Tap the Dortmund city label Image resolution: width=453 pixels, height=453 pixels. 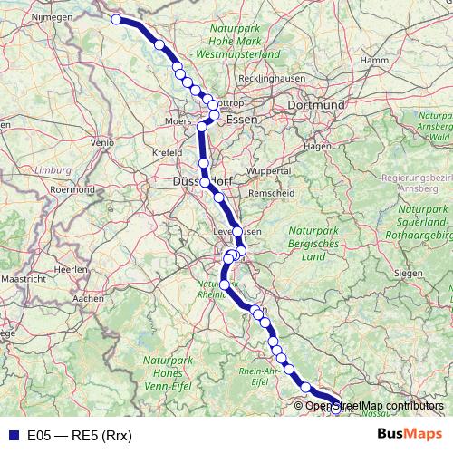pyautogui.click(x=315, y=105)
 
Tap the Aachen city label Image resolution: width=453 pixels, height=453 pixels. pyautogui.click(x=88, y=297)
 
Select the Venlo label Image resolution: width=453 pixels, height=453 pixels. pyautogui.click(x=102, y=142)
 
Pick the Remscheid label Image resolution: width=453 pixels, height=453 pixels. pyautogui.click(x=267, y=194)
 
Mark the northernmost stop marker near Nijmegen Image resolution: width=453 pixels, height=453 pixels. pyautogui.click(x=116, y=19)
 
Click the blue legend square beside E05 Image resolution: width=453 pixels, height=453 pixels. pyautogui.click(x=13, y=436)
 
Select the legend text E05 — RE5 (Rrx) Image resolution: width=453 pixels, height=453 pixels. pyautogui.click(x=80, y=436)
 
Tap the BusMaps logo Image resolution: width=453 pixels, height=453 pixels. pyautogui.click(x=410, y=435)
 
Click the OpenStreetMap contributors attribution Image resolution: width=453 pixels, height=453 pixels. pyautogui.click(x=374, y=406)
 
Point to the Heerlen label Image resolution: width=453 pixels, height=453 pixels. pyautogui.click(x=61, y=270)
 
